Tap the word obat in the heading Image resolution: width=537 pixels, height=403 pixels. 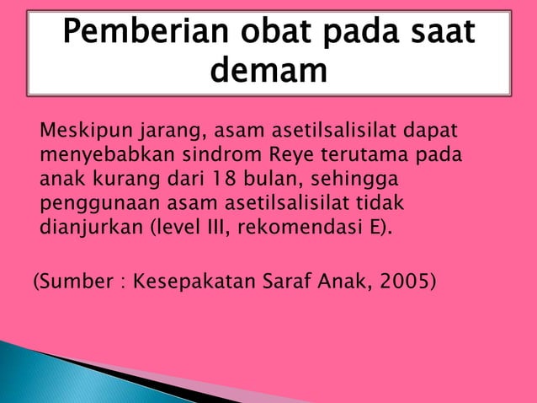266,34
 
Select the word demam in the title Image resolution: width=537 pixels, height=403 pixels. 268,73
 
